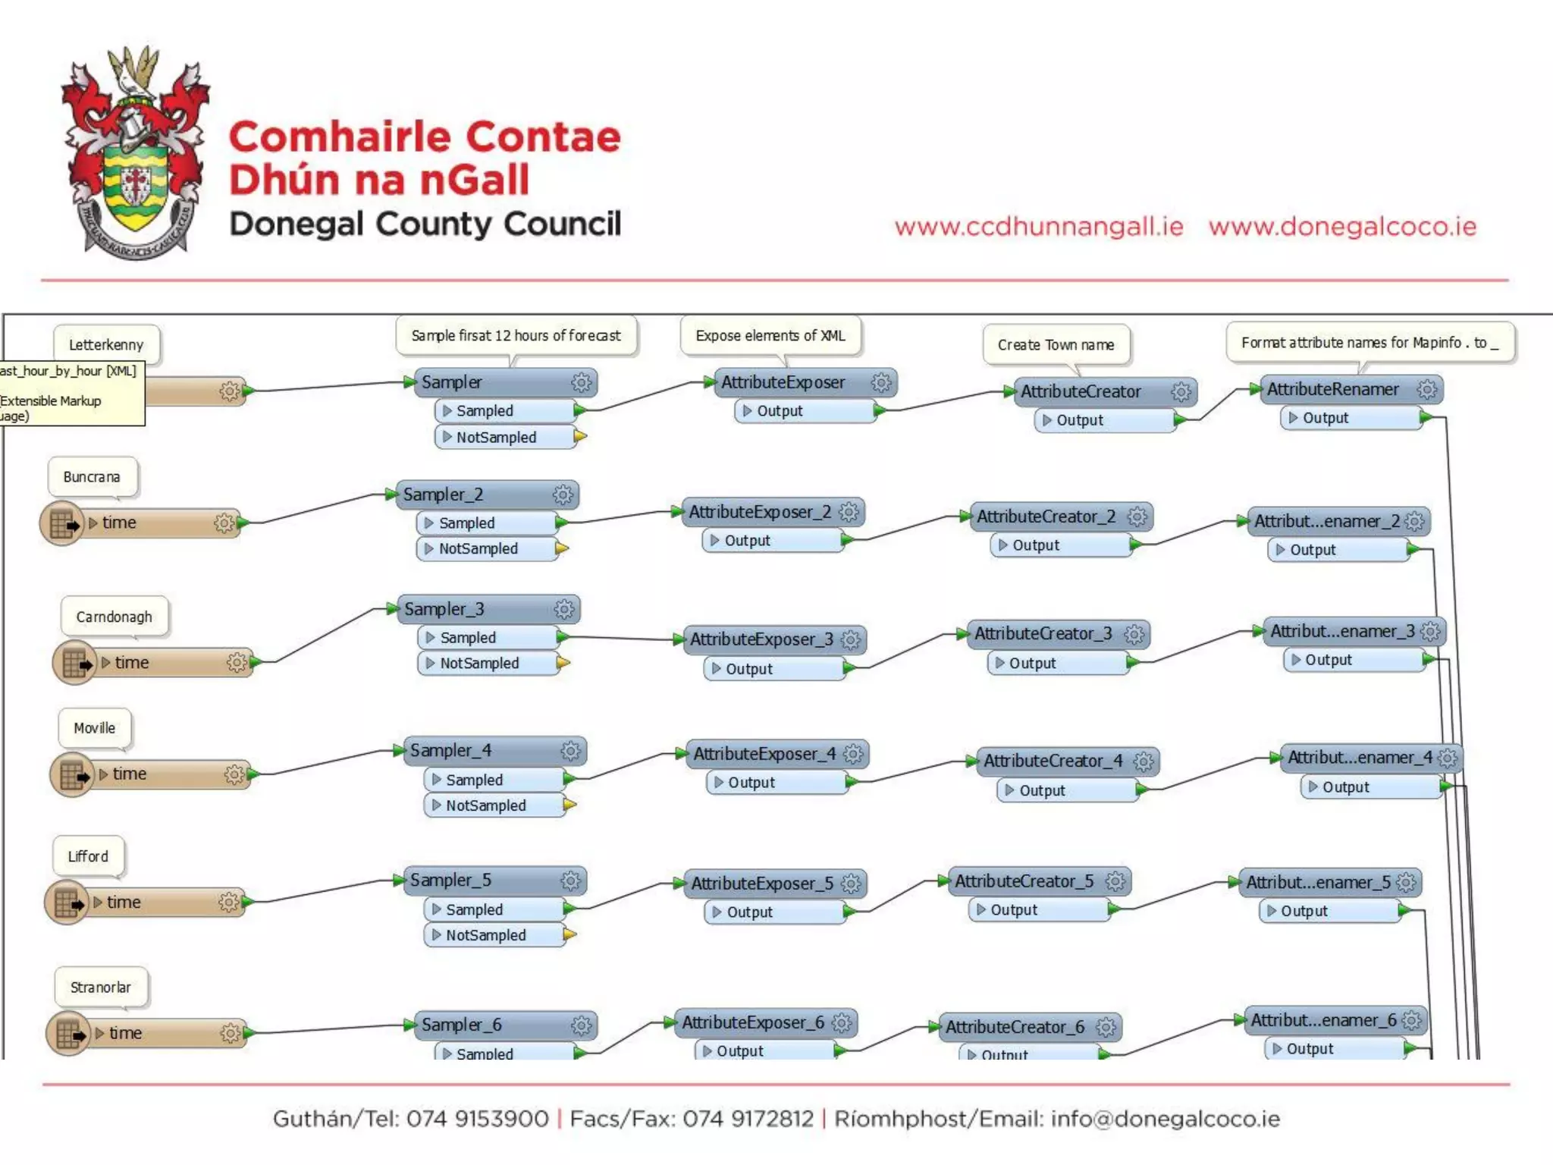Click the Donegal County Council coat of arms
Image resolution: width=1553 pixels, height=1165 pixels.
[x=135, y=152]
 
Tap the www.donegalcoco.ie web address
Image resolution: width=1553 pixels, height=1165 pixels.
[x=1342, y=227]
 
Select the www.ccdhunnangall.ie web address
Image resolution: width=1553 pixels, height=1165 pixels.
[x=1038, y=227]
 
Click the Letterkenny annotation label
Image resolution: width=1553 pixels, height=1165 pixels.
[x=106, y=344]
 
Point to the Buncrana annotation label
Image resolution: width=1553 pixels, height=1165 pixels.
[x=92, y=477]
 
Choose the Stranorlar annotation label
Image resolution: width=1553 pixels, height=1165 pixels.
[x=101, y=988]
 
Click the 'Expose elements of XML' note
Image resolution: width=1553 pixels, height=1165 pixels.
[x=770, y=335]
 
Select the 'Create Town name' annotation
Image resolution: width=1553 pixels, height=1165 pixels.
[x=1056, y=344]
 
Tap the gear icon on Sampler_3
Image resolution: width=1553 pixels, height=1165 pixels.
[x=564, y=609]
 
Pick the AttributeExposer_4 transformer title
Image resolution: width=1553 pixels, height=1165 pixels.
[x=764, y=754]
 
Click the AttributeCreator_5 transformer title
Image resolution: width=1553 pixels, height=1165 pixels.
[x=1024, y=881]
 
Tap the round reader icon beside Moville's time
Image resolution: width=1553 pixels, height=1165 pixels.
[x=72, y=774]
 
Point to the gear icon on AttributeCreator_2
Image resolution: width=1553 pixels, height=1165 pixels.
[x=1137, y=517]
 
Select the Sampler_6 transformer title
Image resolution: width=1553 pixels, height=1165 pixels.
[x=461, y=1025]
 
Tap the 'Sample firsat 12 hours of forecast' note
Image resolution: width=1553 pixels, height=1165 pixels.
[x=516, y=335]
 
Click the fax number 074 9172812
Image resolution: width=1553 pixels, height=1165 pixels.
[x=748, y=1119]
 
